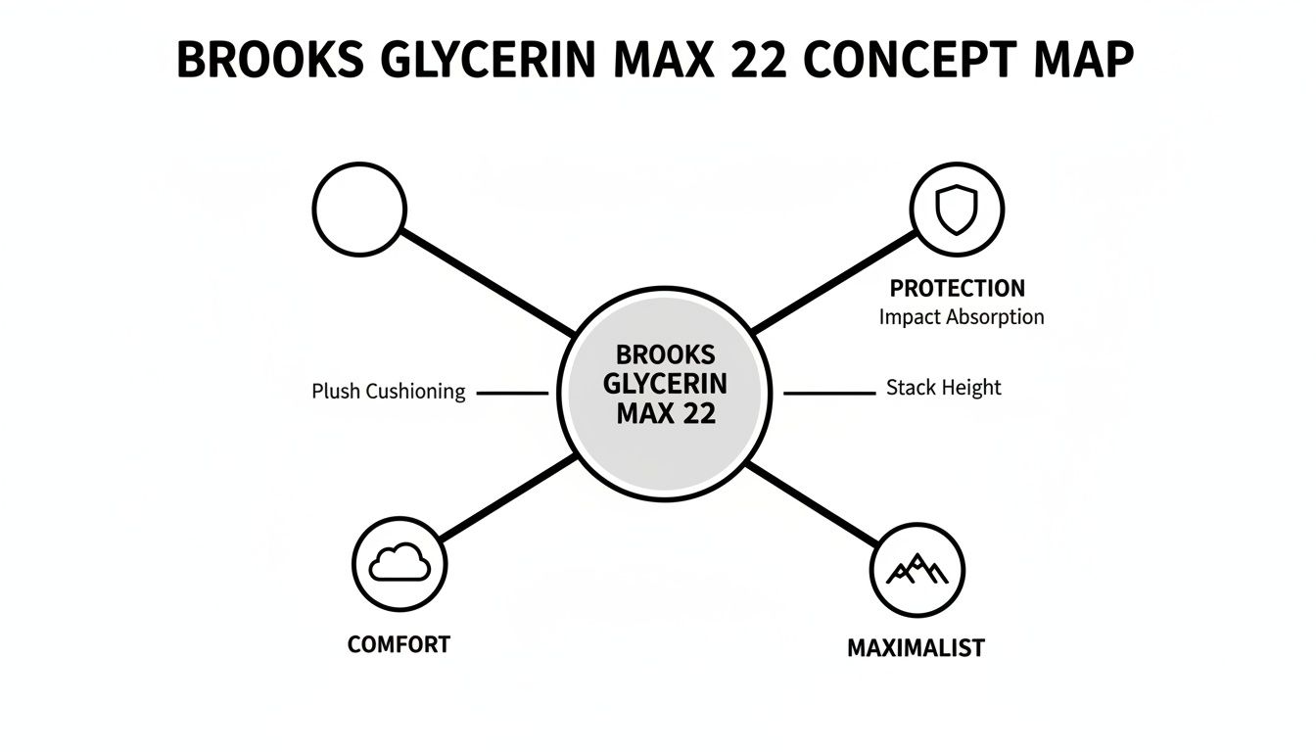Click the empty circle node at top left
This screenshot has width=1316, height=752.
click(x=359, y=209)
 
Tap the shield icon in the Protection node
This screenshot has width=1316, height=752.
click(x=957, y=209)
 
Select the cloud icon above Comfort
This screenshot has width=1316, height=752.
click(x=399, y=563)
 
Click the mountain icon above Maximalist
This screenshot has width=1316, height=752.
click(x=917, y=568)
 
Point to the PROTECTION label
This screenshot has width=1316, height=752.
click(x=957, y=289)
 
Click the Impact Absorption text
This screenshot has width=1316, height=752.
click(x=961, y=317)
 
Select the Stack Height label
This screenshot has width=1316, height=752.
click(x=943, y=388)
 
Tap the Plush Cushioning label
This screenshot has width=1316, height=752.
click(x=388, y=392)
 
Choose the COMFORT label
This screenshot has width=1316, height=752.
click(x=399, y=644)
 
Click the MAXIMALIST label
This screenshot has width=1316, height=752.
click(x=916, y=648)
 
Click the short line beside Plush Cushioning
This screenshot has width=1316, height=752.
click(x=511, y=393)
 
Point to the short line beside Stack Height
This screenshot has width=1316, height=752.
click(x=829, y=393)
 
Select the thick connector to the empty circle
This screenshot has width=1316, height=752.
click(x=487, y=281)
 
